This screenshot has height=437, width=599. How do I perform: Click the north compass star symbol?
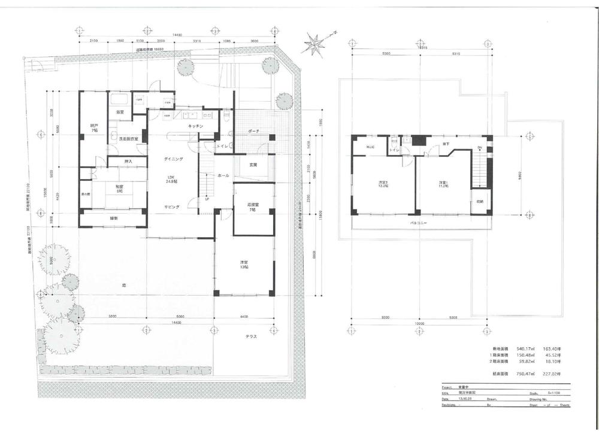[x=314, y=44]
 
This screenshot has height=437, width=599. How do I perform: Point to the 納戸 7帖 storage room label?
[x=93, y=128]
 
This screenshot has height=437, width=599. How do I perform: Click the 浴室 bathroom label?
[x=120, y=112]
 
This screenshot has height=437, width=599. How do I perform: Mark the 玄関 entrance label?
[x=253, y=165]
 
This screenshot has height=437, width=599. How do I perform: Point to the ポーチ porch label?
[x=253, y=132]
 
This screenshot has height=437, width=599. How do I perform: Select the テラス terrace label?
[x=251, y=336]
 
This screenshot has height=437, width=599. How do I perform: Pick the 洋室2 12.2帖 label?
[x=382, y=184]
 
